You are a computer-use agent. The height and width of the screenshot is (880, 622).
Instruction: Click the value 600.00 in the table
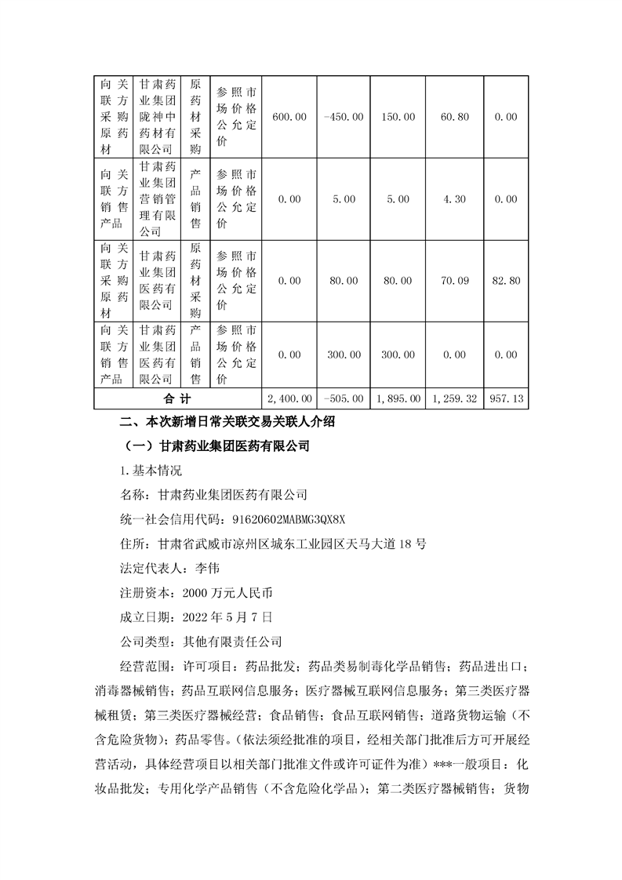(289, 117)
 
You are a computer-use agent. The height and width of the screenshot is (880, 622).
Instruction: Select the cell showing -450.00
(343, 117)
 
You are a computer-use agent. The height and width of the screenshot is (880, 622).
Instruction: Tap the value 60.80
(455, 117)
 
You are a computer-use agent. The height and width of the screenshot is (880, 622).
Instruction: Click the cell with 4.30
(455, 199)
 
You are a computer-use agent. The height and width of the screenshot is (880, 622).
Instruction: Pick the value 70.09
(455, 281)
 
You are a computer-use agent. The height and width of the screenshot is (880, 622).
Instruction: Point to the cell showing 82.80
(507, 281)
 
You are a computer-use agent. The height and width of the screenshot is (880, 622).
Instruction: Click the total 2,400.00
(289, 398)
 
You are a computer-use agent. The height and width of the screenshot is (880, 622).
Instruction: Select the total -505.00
(343, 398)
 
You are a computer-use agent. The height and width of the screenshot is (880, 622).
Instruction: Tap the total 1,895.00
(398, 398)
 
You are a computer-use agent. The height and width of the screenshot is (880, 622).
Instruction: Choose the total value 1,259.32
(455, 398)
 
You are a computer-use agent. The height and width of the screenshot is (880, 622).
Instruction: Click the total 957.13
(507, 398)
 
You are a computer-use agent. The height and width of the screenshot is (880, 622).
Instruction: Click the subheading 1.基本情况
(148, 471)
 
